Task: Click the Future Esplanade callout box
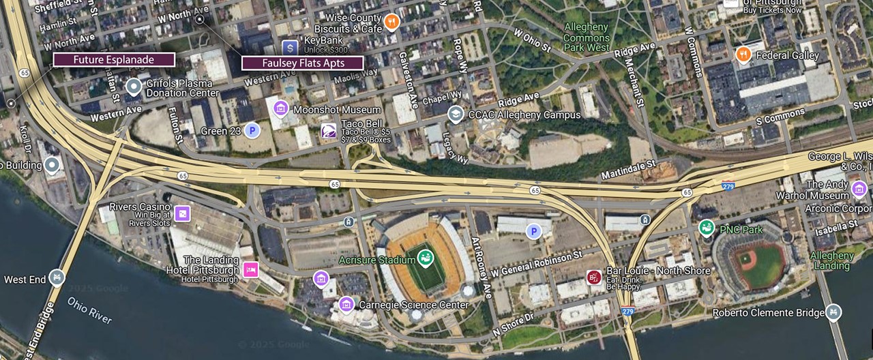(x=114, y=60)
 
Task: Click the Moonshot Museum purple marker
(x=280, y=109)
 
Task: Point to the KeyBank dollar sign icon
(x=290, y=47)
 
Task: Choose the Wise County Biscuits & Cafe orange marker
(x=391, y=22)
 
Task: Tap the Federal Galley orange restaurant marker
(x=743, y=55)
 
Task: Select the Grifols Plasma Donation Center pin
(x=134, y=87)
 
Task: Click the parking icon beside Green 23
(x=252, y=130)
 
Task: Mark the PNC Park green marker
(x=707, y=228)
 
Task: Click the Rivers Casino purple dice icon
(x=182, y=214)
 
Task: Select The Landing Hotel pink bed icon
(x=250, y=270)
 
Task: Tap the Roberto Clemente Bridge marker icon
(x=833, y=313)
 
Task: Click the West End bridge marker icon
(x=57, y=277)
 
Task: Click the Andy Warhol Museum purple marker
(x=859, y=189)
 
